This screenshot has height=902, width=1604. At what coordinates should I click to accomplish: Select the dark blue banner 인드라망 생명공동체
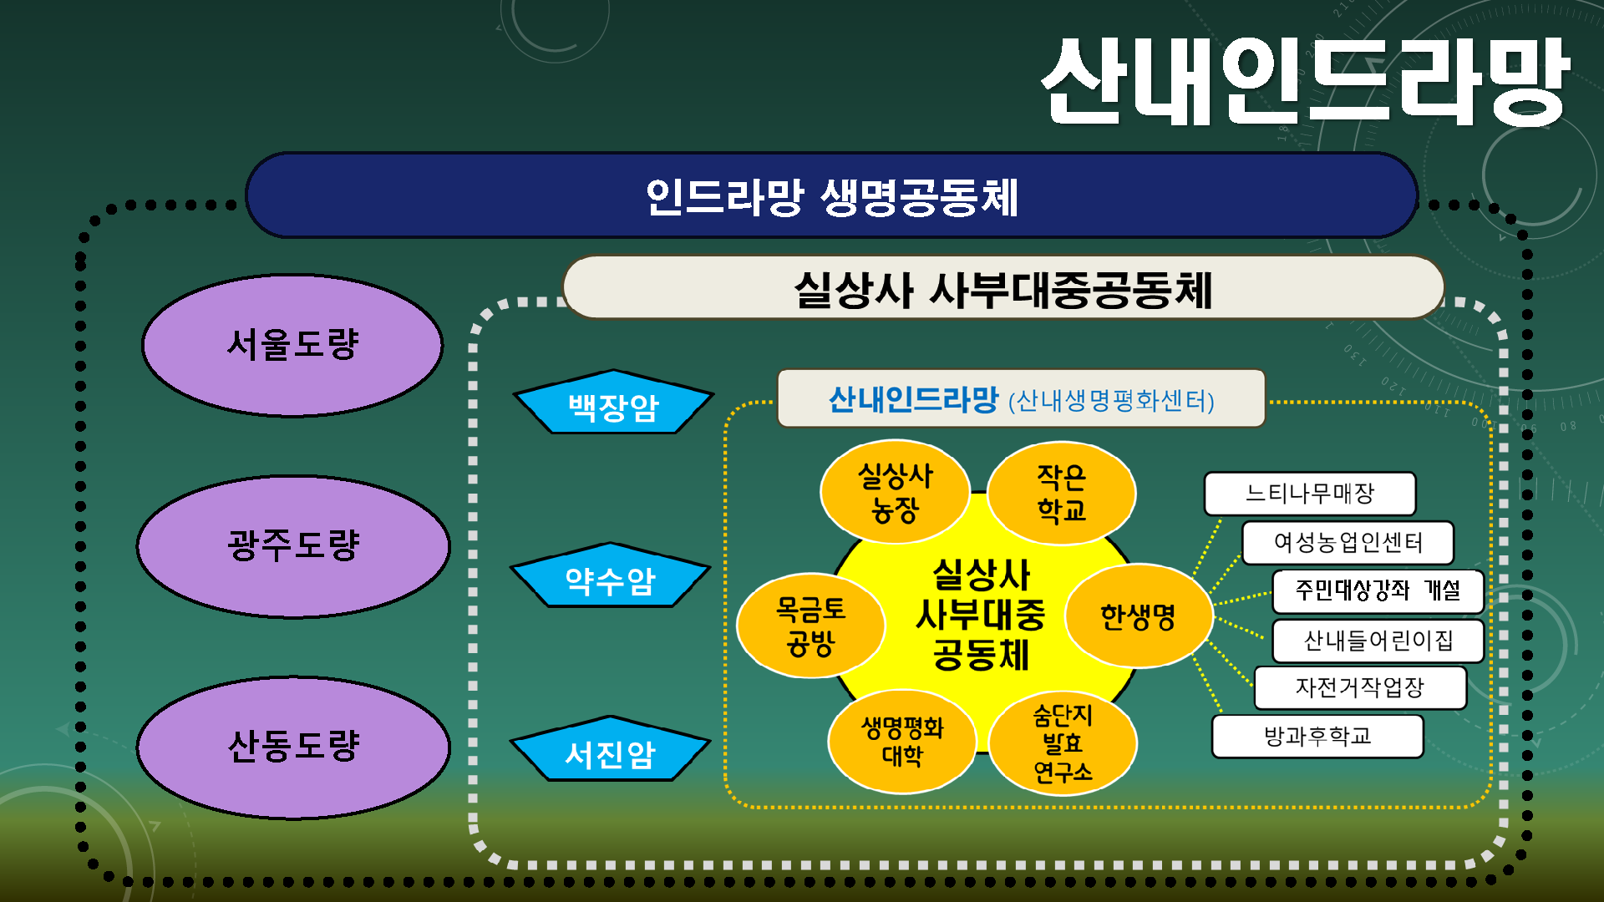831,196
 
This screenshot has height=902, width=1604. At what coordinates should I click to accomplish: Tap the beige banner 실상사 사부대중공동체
1002,289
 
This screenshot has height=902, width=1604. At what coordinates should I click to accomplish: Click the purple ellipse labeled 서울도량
292,345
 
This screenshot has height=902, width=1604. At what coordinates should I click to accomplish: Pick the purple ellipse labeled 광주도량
293,546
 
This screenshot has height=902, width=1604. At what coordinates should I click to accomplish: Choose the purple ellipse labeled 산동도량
293,747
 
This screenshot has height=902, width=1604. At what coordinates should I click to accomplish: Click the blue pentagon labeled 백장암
613,405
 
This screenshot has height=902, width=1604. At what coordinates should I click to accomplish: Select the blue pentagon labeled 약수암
611,578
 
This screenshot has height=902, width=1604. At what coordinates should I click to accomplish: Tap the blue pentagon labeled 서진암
611,752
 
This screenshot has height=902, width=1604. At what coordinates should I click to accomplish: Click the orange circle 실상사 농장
895,492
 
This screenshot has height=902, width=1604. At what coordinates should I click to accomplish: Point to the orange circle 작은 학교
1061,493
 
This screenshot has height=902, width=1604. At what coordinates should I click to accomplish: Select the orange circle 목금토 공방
810,626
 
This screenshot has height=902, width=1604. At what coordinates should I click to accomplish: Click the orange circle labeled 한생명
1138,616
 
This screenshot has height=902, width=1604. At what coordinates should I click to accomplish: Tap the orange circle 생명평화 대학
902,741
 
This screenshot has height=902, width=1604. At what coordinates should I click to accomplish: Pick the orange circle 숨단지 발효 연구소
1063,742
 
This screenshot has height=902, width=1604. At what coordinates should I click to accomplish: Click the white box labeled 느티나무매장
1309,494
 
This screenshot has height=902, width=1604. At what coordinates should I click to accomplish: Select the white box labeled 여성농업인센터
1348,543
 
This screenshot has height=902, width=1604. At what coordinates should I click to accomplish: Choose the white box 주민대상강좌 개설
1377,591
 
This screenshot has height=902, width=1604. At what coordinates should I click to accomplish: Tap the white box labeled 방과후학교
1317,736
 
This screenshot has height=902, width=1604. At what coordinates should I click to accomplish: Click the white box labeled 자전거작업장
1359,687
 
